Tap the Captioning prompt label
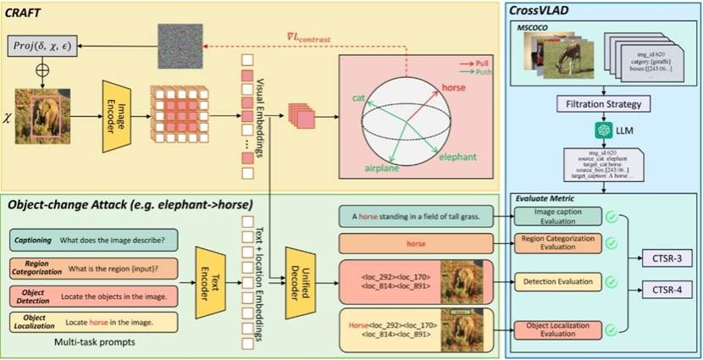[x=31, y=239]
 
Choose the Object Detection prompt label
[x=31, y=296]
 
